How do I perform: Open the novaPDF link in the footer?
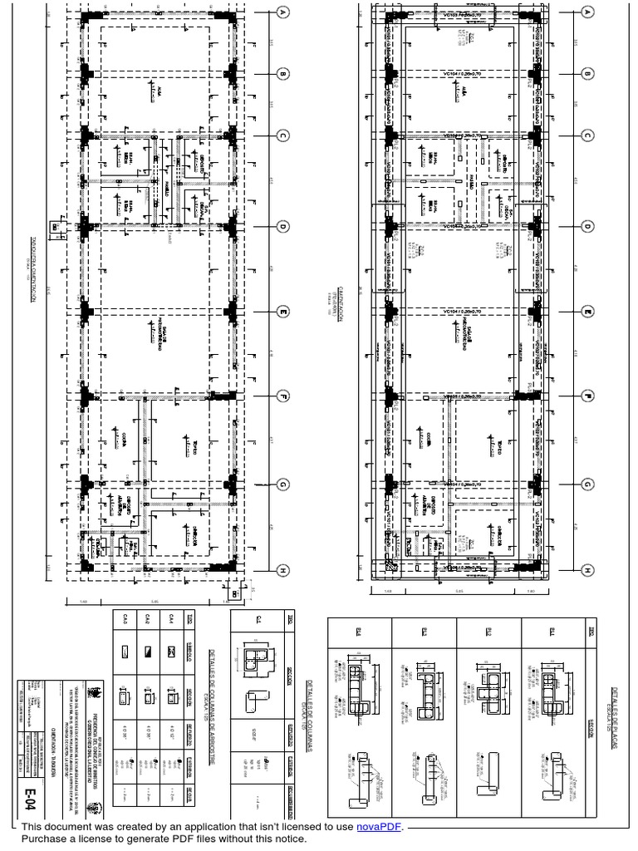point(379,827)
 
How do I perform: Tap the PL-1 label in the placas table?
point(554,632)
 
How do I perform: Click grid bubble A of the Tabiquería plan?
point(282,12)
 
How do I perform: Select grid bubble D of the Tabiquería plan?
point(282,226)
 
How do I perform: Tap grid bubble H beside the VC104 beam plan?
point(587,570)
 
